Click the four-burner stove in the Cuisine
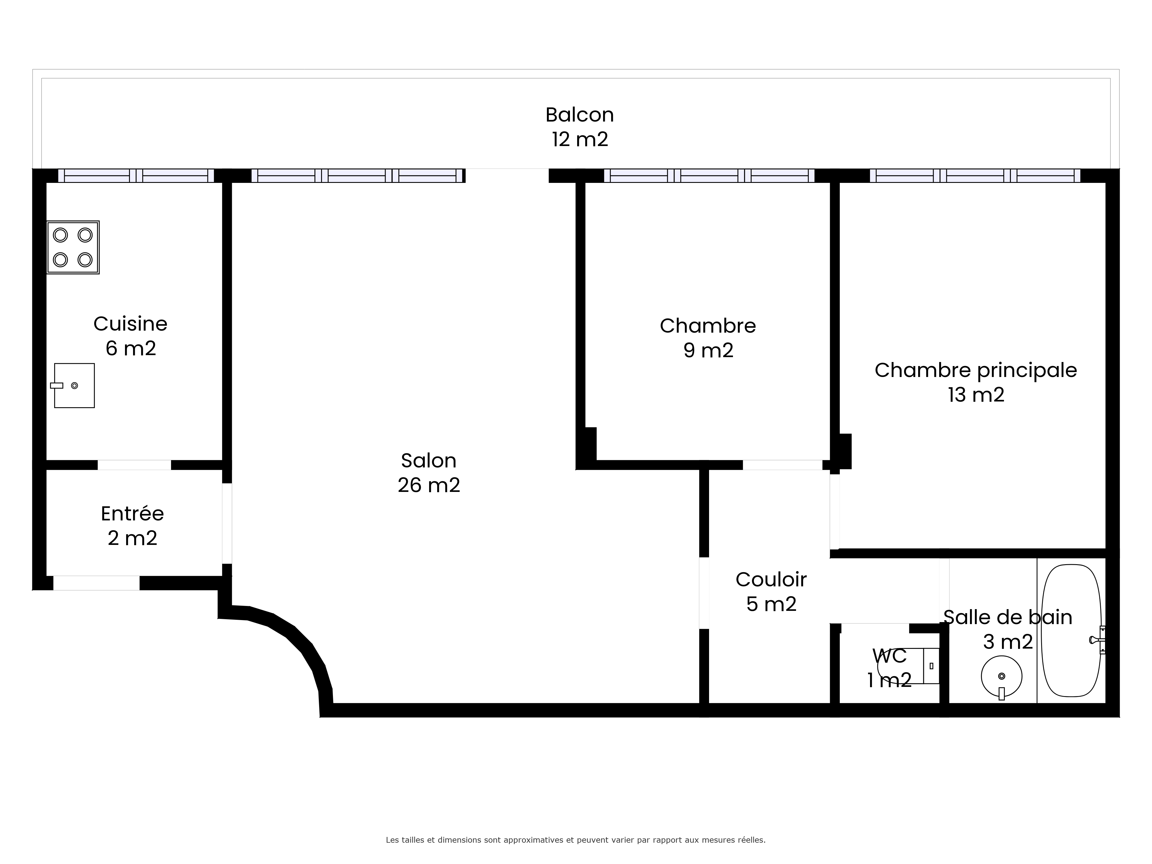click(73, 247)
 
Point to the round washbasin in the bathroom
click(1001, 677)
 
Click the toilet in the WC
click(908, 666)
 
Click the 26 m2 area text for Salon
click(429, 485)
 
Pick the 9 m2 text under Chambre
click(708, 350)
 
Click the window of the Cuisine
click(136, 175)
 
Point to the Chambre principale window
click(975, 175)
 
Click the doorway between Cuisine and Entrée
click(134, 465)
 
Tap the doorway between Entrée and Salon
click(227, 523)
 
